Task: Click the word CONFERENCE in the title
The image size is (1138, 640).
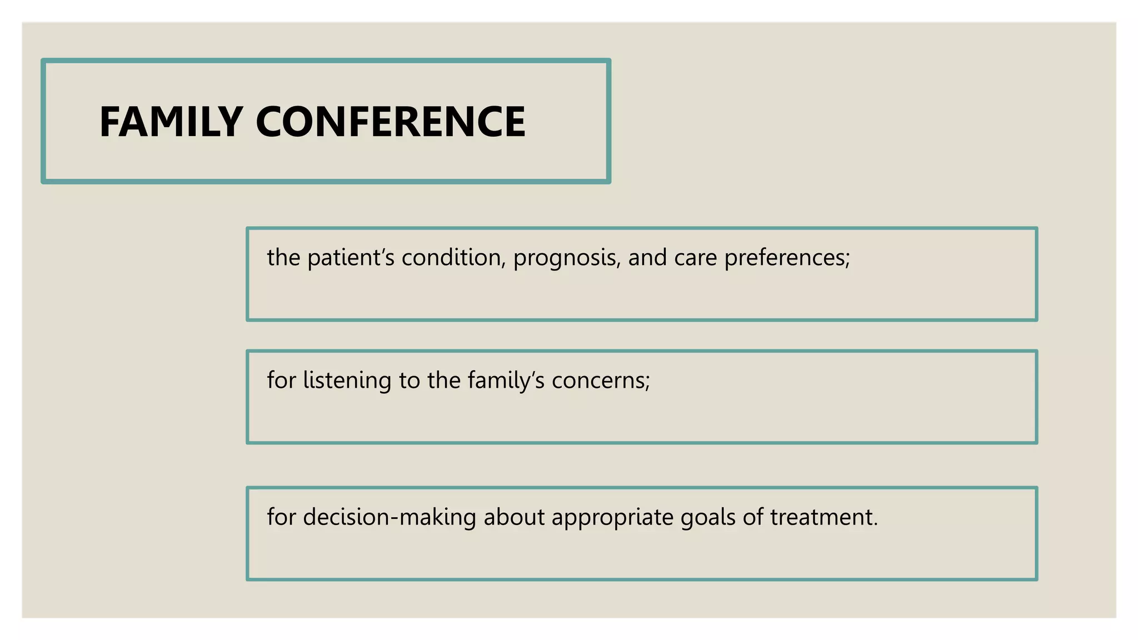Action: [x=390, y=122]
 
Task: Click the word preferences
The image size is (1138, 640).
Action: [x=784, y=258]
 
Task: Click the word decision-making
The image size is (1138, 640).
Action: [x=390, y=518]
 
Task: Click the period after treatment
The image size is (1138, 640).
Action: [x=876, y=524]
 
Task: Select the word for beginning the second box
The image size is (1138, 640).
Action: [x=281, y=381]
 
